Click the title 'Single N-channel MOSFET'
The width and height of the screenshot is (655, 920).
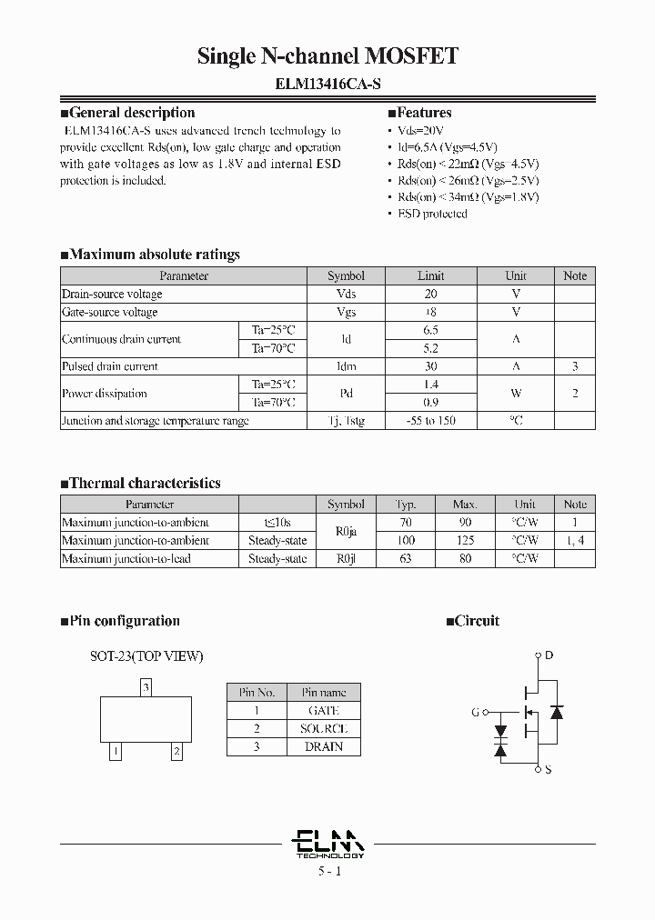pos(327,56)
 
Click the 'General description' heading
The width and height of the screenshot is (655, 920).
pos(132,113)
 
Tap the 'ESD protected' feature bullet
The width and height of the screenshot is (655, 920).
pos(432,214)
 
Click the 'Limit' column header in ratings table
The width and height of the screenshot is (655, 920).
pos(430,275)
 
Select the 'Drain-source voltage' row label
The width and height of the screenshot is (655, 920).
pos(112,294)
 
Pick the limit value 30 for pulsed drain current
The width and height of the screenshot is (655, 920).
pos(430,366)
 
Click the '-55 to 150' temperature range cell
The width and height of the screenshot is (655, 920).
pos(430,421)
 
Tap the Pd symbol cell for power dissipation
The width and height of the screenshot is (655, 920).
pos(346,394)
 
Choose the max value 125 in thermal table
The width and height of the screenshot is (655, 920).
pos(465,540)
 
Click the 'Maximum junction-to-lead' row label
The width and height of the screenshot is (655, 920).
pos(126,558)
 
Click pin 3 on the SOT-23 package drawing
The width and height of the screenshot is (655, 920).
pos(146,688)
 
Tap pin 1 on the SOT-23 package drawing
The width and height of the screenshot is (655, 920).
pos(116,751)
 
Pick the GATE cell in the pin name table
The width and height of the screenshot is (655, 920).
pos(323,710)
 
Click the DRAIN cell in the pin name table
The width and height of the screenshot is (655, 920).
pos(323,746)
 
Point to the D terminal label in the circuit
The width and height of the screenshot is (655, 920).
pos(548,655)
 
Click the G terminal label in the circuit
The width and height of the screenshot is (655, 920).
pos(475,713)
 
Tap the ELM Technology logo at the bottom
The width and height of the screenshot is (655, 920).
pos(329,844)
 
